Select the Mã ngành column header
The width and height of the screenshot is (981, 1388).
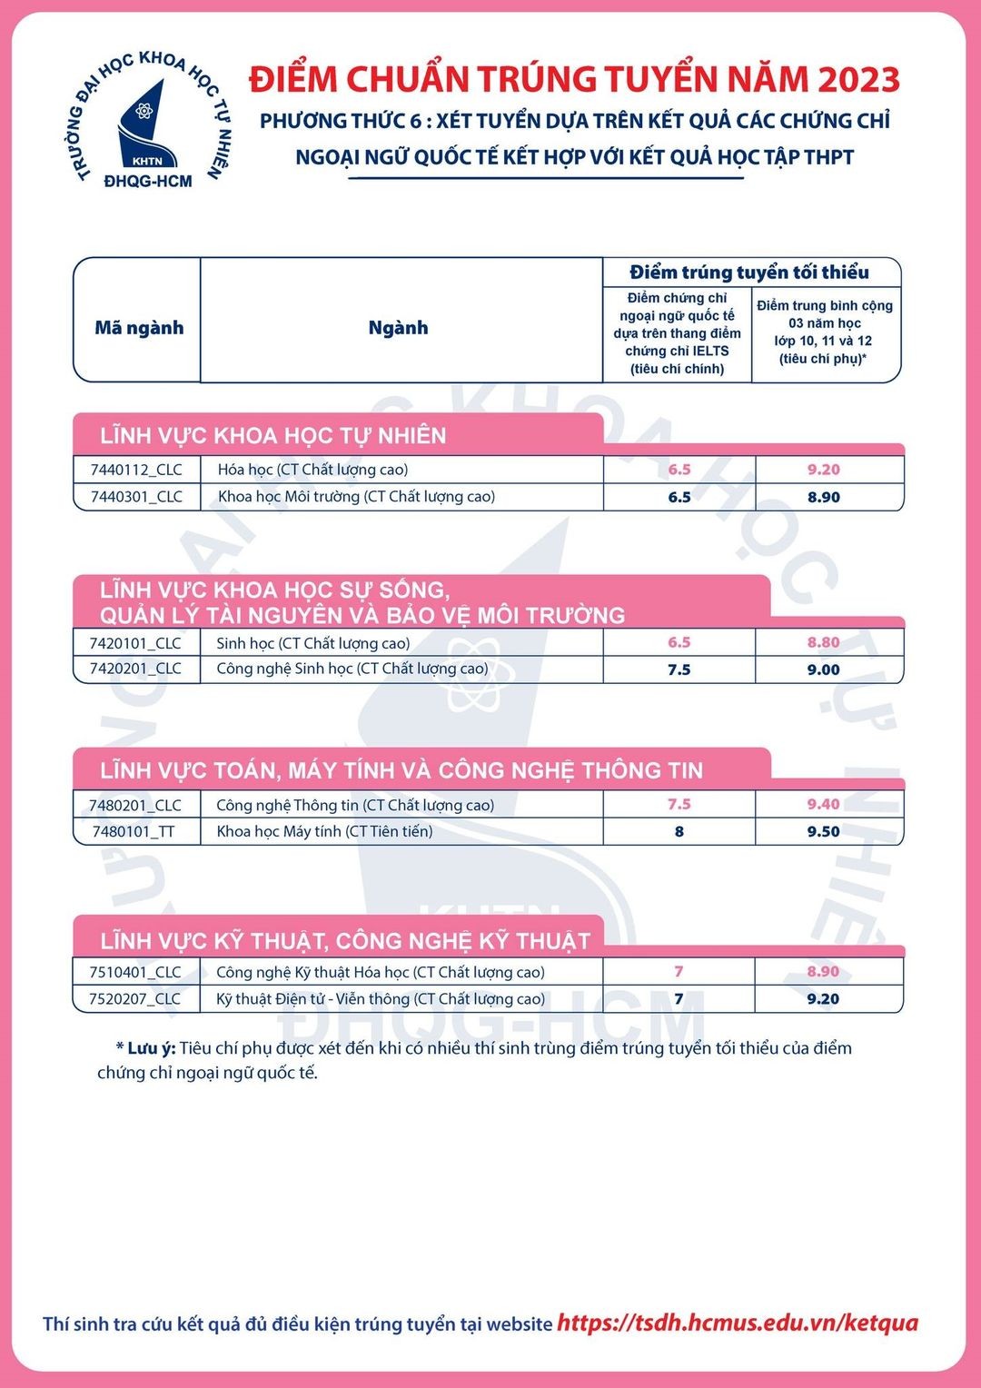coord(139,328)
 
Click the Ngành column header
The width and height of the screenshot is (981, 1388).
coord(398,328)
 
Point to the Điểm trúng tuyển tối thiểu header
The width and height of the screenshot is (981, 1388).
coord(749,273)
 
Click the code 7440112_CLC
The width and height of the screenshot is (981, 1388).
coord(136,470)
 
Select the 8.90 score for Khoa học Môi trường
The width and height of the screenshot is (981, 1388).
coord(823,497)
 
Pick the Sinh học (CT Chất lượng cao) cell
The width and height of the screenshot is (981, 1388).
coord(313,643)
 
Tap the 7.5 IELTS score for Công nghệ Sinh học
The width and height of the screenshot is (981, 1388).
coord(679,669)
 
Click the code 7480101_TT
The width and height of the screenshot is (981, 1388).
coord(134,831)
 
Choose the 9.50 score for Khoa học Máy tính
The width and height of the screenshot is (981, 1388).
coord(823,831)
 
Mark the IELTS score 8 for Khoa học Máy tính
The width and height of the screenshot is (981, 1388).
coord(679,831)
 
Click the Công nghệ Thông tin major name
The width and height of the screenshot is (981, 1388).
coord(355,805)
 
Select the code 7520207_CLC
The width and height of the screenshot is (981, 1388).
coord(134,998)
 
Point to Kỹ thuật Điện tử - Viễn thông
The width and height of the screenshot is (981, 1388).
coord(381,998)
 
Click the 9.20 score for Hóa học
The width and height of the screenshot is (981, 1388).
coord(823,470)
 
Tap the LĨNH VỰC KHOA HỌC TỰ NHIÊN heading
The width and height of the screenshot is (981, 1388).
coord(273,436)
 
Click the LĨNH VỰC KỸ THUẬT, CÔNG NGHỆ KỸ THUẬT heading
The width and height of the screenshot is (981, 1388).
coord(345,941)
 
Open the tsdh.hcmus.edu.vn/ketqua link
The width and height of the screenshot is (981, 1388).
coord(737,1323)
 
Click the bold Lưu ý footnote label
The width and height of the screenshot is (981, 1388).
coord(150,1048)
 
